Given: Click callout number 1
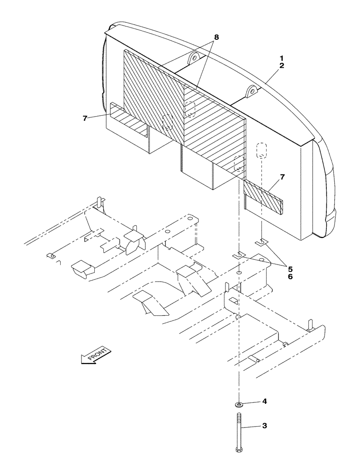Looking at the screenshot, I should pyautogui.click(x=281, y=58).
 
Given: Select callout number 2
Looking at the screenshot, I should pyautogui.click(x=281, y=66).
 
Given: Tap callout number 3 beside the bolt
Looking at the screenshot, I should pyautogui.click(x=265, y=426).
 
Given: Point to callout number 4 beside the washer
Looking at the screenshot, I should pyautogui.click(x=265, y=401).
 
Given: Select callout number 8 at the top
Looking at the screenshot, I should pyautogui.click(x=216, y=36).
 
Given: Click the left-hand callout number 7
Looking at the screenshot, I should pyautogui.click(x=85, y=118).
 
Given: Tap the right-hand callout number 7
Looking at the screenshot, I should pyautogui.click(x=282, y=177).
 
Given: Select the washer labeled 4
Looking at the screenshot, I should pyautogui.click(x=240, y=404).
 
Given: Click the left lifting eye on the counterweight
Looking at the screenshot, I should pyautogui.click(x=193, y=59).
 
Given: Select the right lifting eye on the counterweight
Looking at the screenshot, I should pyautogui.click(x=251, y=90).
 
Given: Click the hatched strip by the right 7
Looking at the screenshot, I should pyautogui.click(x=263, y=194).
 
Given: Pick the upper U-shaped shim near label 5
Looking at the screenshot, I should pyautogui.click(x=261, y=243).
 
